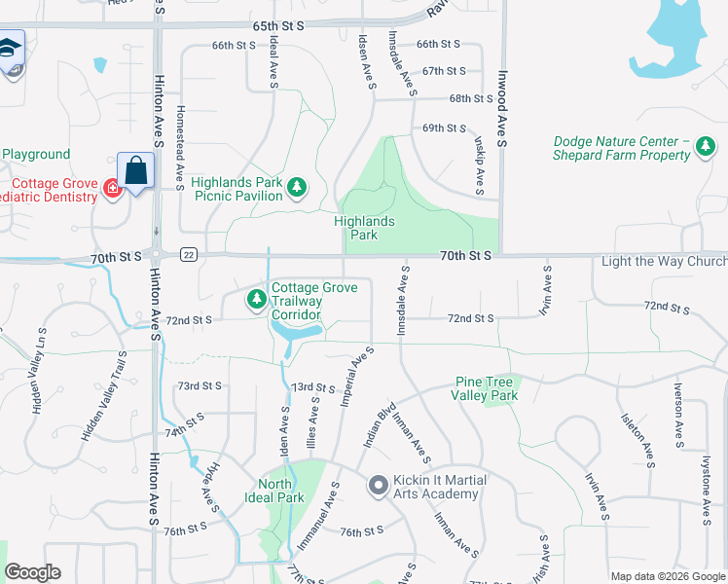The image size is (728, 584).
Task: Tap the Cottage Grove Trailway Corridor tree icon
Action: tap(257, 299)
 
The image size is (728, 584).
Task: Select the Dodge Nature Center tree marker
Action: tap(705, 148)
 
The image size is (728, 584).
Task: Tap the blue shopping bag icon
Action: tap(136, 171)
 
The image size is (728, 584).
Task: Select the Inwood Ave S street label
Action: tap(503, 109)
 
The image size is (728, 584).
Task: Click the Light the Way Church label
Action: tap(664, 261)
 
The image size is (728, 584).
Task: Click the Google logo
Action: tap(32, 572)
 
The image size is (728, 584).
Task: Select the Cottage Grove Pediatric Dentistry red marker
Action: tap(113, 190)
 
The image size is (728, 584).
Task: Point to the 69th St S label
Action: tap(443, 128)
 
